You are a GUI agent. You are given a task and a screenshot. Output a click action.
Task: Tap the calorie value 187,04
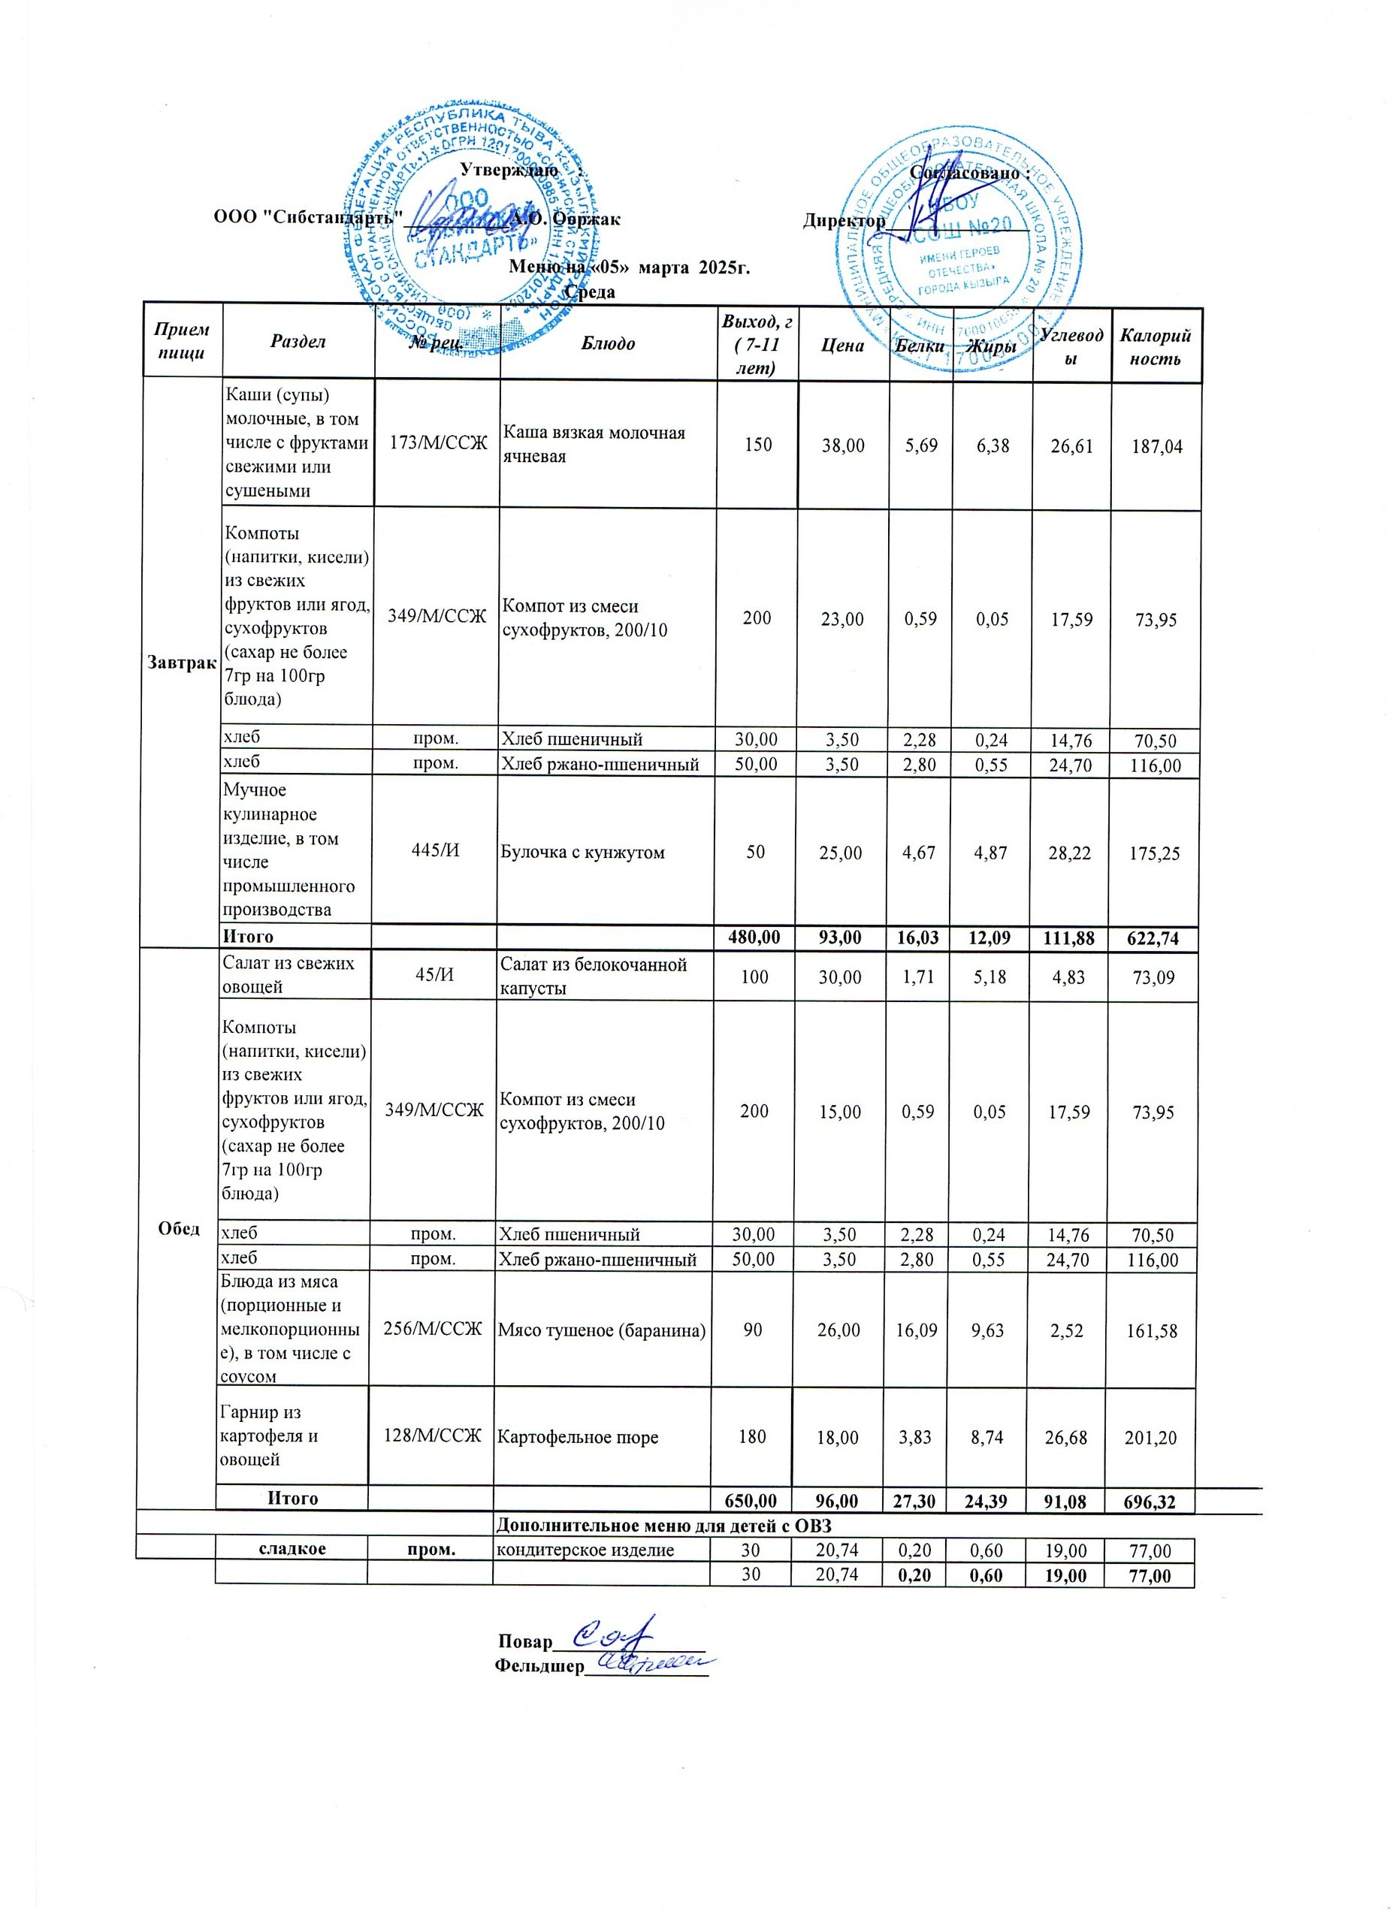1156,446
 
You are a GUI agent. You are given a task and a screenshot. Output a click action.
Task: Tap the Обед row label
179,1229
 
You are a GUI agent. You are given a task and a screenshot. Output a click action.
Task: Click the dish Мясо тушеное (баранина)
602,1330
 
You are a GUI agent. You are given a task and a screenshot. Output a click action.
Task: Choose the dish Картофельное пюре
577,1437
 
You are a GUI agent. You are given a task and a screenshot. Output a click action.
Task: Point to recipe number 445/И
436,851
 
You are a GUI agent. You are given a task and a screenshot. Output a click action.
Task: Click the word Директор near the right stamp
845,220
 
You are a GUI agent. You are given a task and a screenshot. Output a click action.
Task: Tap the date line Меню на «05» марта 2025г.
629,268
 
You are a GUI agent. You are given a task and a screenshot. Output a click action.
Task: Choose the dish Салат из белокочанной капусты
593,976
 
